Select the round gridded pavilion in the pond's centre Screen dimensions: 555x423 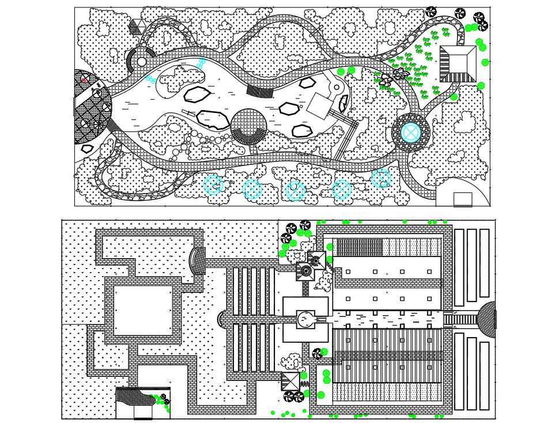pos(248,125)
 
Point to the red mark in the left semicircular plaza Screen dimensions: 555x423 pos(84,78)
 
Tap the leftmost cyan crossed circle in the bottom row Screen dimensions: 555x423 pos(213,185)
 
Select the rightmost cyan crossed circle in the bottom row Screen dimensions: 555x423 pos(381,179)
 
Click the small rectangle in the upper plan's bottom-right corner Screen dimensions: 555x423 pos(462,199)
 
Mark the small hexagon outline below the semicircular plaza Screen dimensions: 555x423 pos(87,149)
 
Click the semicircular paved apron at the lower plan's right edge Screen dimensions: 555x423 pos(488,318)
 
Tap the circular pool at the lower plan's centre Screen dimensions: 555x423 pos(305,318)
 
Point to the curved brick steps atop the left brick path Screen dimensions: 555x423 pos(198,261)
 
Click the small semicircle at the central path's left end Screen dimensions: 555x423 pos(222,318)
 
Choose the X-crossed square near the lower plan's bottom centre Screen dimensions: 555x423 pos(290,381)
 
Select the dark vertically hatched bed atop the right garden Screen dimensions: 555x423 pos(359,247)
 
